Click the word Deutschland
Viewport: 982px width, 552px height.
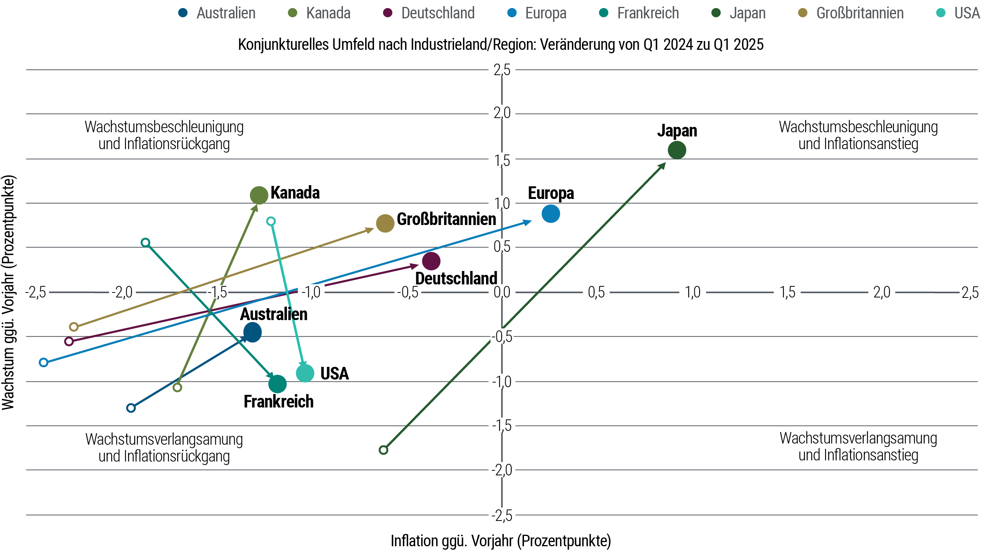[456, 279]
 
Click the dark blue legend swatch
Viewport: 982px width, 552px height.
[188, 13]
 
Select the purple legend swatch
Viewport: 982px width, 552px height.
[392, 13]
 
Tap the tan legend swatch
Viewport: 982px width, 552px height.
[807, 13]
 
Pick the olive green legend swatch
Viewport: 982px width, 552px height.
[297, 13]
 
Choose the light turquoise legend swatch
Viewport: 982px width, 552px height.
[945, 13]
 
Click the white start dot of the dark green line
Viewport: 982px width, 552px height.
[383, 450]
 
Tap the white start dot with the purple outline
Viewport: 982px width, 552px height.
[69, 341]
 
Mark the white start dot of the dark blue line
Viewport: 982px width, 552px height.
[131, 408]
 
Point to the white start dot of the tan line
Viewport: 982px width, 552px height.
[74, 327]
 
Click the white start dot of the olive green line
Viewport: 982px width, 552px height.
[177, 387]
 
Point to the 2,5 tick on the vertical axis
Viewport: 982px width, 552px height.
[502, 70]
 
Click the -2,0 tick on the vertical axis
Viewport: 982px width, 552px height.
[502, 470]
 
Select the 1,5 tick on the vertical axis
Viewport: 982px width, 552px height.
[502, 161]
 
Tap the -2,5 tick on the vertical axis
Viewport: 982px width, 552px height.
[502, 516]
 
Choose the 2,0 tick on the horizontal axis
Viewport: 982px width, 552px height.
[881, 292]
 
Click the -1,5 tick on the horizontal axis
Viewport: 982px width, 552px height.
[217, 292]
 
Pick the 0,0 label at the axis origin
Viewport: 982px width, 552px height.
[502, 292]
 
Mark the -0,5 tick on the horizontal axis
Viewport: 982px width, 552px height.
[407, 292]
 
